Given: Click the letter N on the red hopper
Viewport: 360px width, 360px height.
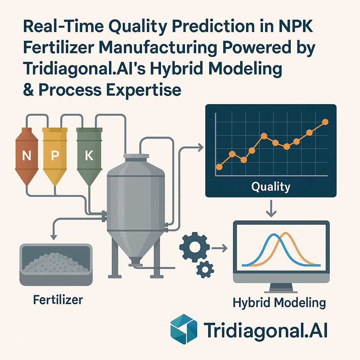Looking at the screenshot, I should tap(26, 155).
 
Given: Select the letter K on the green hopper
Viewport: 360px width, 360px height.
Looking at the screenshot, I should tap(89, 155).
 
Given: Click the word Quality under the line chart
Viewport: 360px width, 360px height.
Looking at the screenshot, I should tap(271, 186).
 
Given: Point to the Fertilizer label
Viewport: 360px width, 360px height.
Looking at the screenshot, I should tap(58, 300).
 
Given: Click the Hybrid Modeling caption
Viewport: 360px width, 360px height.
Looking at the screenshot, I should tap(279, 303).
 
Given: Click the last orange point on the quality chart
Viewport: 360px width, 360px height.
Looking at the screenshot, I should tap(325, 122).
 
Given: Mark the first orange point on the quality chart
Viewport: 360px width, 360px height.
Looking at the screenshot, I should tap(220, 167).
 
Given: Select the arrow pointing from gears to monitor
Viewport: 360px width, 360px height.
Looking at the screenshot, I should tap(220, 249).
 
